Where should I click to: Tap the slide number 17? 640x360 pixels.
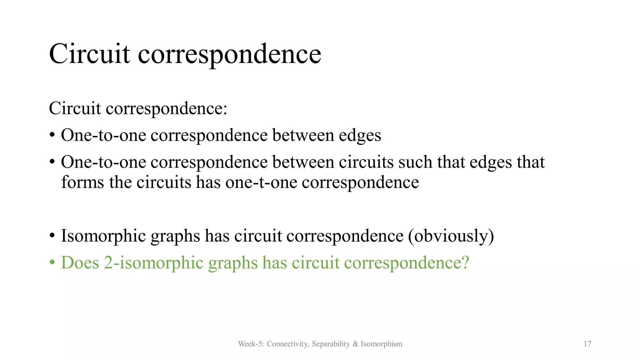click(x=587, y=344)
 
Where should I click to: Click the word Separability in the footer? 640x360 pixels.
click(x=331, y=344)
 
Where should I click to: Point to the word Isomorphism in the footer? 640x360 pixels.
click(x=382, y=344)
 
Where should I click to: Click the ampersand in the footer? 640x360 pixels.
click(x=355, y=344)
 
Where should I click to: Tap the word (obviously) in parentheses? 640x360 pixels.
click(x=451, y=236)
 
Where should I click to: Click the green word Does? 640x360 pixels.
click(x=80, y=262)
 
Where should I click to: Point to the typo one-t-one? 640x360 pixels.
click(x=261, y=182)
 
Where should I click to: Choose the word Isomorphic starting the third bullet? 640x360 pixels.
click(x=103, y=236)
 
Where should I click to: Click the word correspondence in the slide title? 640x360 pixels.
click(x=229, y=54)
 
